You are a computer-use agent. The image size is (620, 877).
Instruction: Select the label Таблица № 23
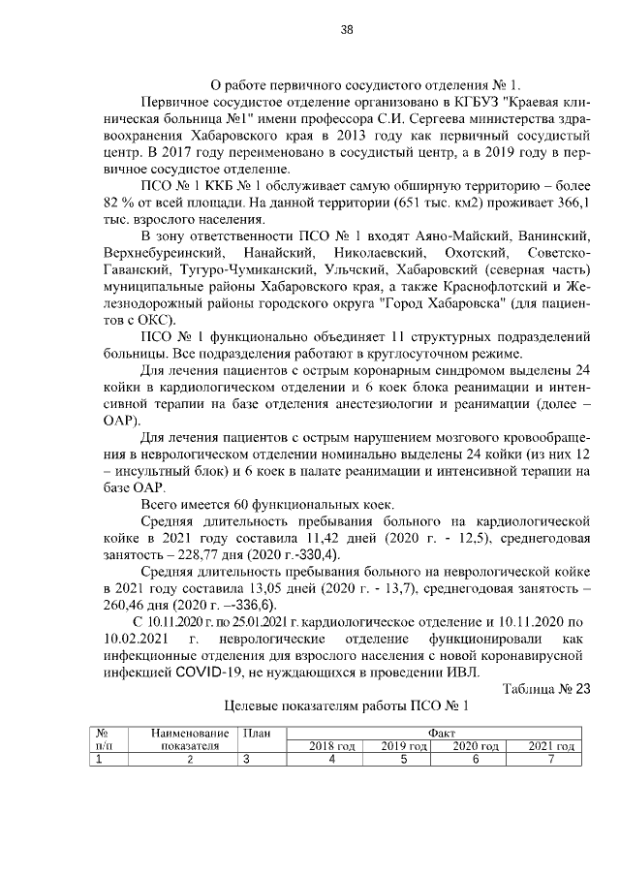[x=547, y=689]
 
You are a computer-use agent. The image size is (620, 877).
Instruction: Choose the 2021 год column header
[x=551, y=747]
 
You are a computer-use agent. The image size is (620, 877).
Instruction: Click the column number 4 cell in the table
[x=331, y=761]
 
